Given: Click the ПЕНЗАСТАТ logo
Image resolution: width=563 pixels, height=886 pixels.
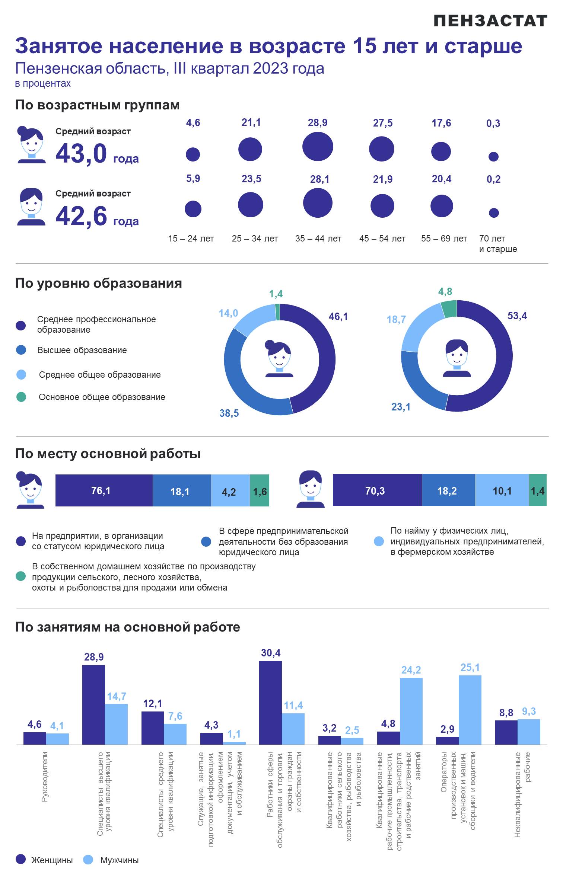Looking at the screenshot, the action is click(490, 21).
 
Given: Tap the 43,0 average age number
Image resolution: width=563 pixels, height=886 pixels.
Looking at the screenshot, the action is click(81, 153).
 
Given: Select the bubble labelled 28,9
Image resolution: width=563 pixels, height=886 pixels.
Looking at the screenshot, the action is click(318, 147).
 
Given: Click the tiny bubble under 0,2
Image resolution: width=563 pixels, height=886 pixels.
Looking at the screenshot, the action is click(494, 212).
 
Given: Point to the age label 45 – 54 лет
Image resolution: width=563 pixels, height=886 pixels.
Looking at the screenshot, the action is click(382, 239).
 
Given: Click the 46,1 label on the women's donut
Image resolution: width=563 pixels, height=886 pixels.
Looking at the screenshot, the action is click(338, 316).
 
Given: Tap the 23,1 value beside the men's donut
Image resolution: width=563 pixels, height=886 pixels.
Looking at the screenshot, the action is click(401, 407).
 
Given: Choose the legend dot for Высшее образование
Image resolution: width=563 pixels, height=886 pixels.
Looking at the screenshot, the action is click(21, 350).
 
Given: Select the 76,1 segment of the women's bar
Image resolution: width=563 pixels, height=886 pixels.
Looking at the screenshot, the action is click(104, 490).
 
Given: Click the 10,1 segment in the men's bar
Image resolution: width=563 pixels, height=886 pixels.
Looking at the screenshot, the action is click(502, 490).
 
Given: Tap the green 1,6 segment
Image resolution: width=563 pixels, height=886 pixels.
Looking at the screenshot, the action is click(260, 490).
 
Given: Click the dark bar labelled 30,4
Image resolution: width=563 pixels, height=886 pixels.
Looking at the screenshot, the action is click(270, 703).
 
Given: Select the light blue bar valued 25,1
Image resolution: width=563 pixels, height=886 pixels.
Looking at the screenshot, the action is click(470, 710).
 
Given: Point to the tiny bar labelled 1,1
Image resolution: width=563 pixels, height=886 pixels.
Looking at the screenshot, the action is click(234, 743).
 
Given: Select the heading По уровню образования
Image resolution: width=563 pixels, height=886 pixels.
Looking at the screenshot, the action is click(99, 283).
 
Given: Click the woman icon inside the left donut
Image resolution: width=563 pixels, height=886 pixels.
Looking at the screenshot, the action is click(279, 358).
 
